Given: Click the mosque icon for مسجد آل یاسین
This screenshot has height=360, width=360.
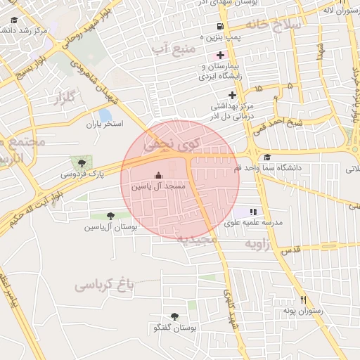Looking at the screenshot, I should pyautogui.click(x=158, y=176).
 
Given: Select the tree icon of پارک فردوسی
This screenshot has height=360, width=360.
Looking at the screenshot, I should pyautogui.click(x=82, y=163).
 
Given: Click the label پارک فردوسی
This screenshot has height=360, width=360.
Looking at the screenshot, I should pyautogui.click(x=78, y=173).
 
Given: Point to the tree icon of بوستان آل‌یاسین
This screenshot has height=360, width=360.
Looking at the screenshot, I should pyautogui.click(x=109, y=216).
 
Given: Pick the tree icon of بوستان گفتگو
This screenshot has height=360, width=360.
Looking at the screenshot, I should pyautogui.click(x=174, y=317).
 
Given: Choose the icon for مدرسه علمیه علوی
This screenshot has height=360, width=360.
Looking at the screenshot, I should pyautogui.click(x=253, y=211).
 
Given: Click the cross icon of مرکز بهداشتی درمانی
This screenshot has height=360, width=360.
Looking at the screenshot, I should pyautogui.click(x=232, y=95).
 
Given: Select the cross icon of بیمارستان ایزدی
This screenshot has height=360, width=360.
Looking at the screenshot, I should pyautogui.click(x=221, y=54).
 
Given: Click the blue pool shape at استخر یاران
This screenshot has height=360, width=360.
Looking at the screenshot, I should pyautogui.click(x=105, y=115).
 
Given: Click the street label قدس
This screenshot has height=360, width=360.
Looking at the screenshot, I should pyautogui.click(x=290, y=250).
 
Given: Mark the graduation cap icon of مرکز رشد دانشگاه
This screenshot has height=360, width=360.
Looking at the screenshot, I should pyautogui.click(x=14, y=20).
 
